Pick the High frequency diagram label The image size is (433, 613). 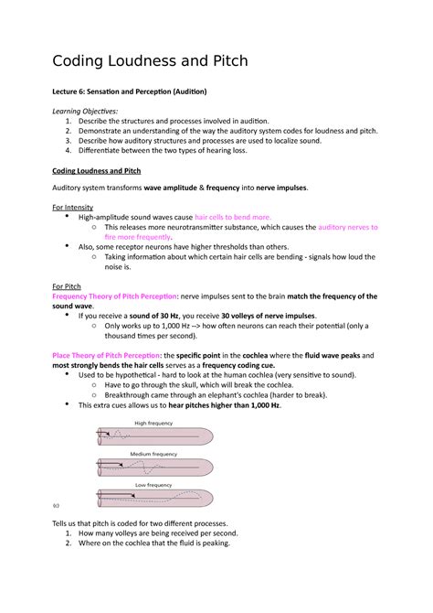click(x=153, y=423)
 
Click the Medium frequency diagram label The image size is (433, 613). click(x=153, y=454)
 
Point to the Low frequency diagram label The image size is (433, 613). click(x=153, y=484)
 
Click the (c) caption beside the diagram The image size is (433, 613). click(x=56, y=505)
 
